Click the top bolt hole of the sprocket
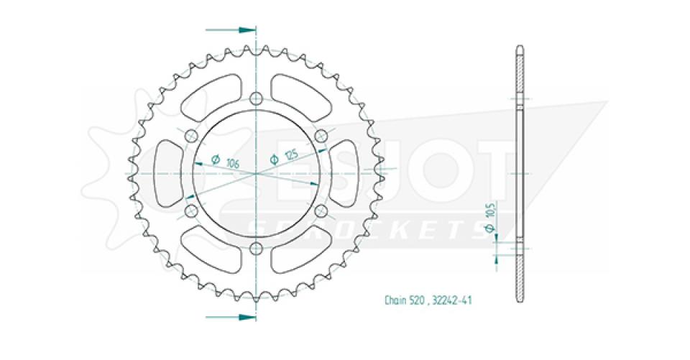257,99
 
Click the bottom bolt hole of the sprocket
257,248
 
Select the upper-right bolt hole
321,137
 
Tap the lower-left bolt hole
191,211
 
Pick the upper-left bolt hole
191,137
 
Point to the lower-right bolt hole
321,211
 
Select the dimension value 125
290,155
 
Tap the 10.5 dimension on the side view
490,213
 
